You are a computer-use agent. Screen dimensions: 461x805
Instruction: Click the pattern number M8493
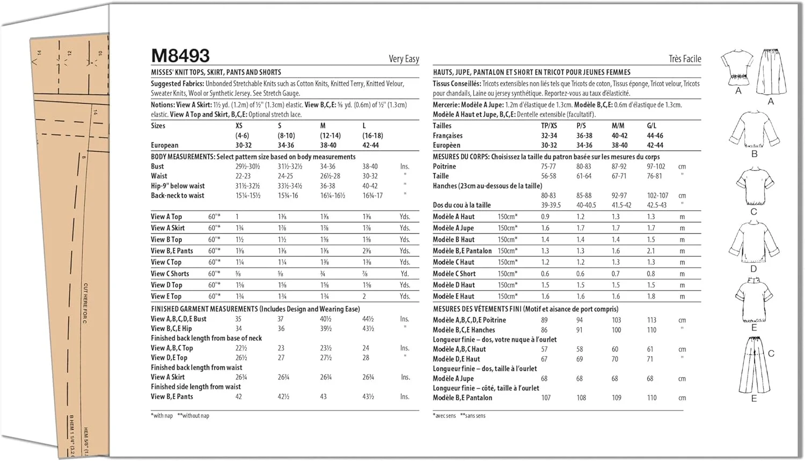(x=180, y=56)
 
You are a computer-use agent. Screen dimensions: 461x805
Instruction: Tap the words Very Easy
(x=404, y=59)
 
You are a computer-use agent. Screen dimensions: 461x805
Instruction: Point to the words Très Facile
(x=684, y=59)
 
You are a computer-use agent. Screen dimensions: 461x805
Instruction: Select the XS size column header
(x=239, y=126)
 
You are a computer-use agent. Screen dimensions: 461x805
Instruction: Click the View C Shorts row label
(x=170, y=273)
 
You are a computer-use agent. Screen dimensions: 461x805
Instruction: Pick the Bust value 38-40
(x=370, y=167)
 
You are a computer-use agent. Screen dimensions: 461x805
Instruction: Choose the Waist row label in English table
(x=159, y=176)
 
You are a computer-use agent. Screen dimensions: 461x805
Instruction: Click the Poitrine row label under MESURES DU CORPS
(x=444, y=167)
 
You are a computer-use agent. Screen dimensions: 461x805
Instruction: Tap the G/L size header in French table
(x=652, y=126)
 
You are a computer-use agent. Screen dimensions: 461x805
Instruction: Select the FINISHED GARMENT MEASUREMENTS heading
(x=204, y=309)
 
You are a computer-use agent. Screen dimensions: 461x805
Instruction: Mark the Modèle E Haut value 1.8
(x=651, y=296)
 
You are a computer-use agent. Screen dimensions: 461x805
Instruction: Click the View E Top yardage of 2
(x=364, y=296)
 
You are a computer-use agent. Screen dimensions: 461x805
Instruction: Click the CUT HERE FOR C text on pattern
(x=85, y=303)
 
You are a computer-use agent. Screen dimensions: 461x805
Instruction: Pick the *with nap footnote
(x=162, y=416)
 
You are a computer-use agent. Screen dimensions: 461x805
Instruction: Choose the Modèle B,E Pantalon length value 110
(x=652, y=398)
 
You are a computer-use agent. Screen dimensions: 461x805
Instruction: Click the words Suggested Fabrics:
(x=177, y=84)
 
